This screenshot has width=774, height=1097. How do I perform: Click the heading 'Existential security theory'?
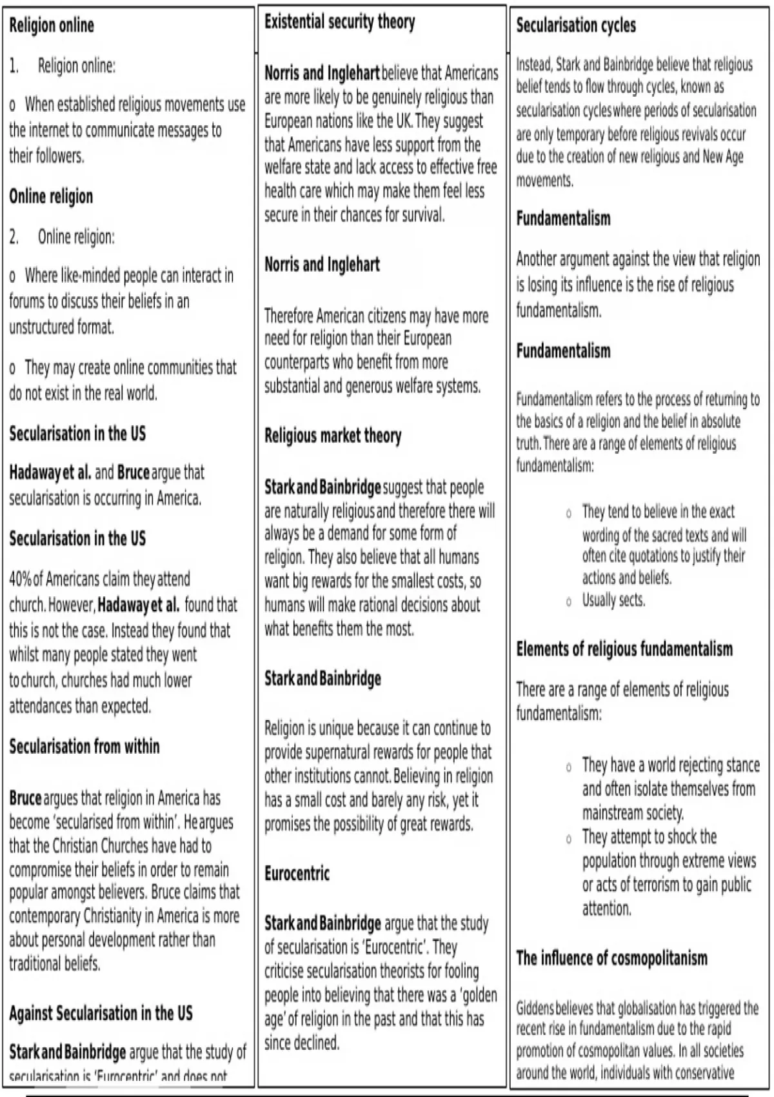coord(339,23)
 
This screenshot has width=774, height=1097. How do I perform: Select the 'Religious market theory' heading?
coord(333,436)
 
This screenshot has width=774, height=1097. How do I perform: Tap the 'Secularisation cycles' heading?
coord(575,26)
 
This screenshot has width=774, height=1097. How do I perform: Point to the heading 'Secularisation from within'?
coord(84,747)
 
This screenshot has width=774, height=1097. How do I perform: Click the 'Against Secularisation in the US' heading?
coord(101,1013)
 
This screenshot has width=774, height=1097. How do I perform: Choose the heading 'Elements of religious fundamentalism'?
coord(624,649)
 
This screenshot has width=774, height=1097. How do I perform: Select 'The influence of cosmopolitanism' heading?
coord(611,958)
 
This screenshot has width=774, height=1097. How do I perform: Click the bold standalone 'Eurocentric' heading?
coord(297,874)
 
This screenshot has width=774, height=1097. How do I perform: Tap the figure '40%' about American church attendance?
coord(20,579)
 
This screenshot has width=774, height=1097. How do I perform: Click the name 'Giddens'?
coord(535,1008)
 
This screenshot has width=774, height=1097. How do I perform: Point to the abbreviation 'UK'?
coord(404,121)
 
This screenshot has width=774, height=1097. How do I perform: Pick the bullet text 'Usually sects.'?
coord(613,600)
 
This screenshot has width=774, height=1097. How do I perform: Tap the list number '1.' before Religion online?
coord(14,66)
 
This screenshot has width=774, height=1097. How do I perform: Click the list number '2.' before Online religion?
coord(14,237)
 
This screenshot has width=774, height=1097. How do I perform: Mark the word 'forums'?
coord(26,301)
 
